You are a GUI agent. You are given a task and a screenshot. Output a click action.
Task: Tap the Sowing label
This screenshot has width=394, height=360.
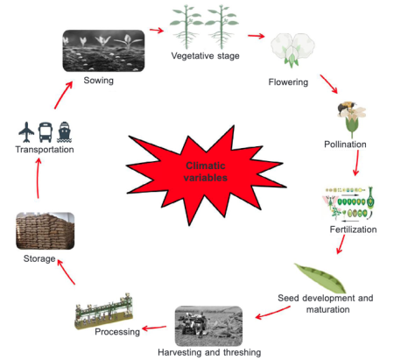click(x=99, y=80)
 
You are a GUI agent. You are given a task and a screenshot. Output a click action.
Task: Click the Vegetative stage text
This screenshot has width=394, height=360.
click(x=206, y=57)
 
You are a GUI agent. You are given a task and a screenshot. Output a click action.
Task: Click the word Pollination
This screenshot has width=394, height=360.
click(x=345, y=143)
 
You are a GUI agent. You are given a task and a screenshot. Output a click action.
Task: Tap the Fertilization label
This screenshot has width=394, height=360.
click(x=353, y=229)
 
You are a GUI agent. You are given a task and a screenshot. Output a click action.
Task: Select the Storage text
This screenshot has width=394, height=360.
click(x=39, y=259)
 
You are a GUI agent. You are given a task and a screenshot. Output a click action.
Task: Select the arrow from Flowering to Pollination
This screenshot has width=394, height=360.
click(x=328, y=85)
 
